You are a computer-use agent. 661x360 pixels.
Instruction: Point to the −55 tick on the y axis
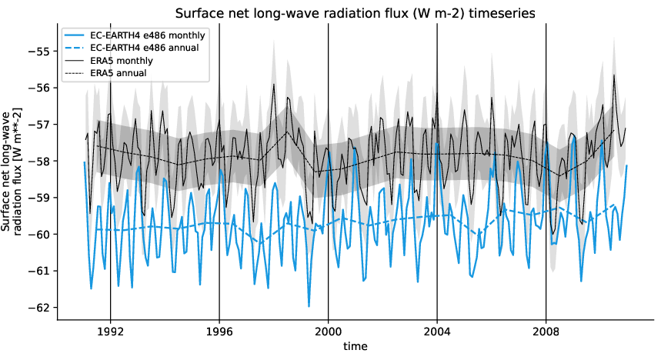(39, 52)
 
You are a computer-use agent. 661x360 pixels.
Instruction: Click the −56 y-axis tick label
(39, 88)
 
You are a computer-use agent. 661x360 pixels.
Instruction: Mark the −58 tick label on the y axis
(39, 161)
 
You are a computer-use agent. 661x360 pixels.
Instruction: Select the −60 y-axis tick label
(39, 234)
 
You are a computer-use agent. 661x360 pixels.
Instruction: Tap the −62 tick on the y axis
(39, 307)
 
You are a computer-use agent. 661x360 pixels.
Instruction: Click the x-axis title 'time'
(356, 347)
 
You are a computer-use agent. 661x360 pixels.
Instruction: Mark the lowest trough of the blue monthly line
(309, 306)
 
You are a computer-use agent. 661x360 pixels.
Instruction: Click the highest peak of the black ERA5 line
(614, 75)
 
